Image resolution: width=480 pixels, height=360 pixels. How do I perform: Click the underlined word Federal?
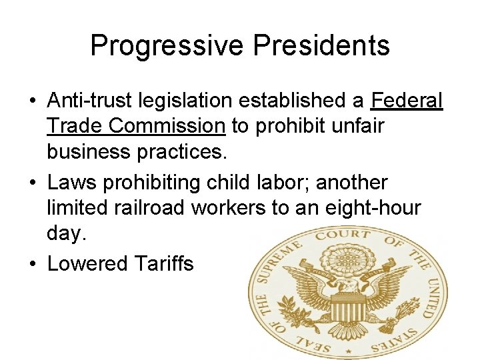pos(407,101)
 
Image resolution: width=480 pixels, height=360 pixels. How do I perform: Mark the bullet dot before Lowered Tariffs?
pos(32,263)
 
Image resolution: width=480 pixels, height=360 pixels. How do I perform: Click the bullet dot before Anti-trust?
pos(32,101)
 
